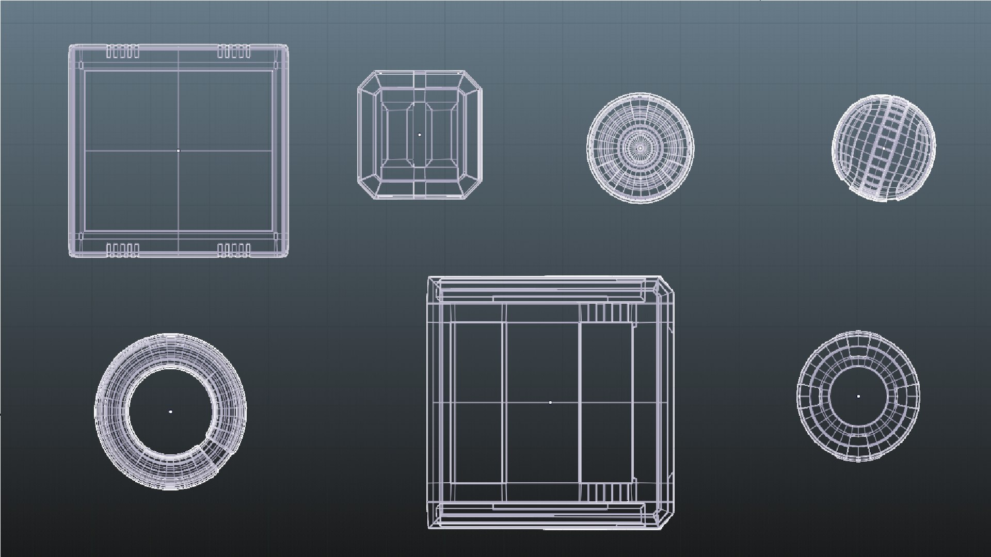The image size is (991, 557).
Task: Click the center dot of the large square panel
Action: coord(179,151)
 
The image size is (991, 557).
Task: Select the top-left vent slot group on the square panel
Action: coord(123,52)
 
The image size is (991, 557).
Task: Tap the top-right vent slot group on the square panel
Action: coord(234,52)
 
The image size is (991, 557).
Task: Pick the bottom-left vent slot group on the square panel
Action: coord(123,251)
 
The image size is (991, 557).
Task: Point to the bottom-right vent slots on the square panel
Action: coord(234,251)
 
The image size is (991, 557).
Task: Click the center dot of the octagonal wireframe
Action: coord(420,135)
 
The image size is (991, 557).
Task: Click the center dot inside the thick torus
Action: coord(170,412)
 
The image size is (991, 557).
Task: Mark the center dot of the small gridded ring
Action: coord(858,396)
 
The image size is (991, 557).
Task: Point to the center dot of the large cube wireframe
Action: coord(550,402)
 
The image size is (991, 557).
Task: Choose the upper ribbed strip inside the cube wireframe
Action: coord(607,313)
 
